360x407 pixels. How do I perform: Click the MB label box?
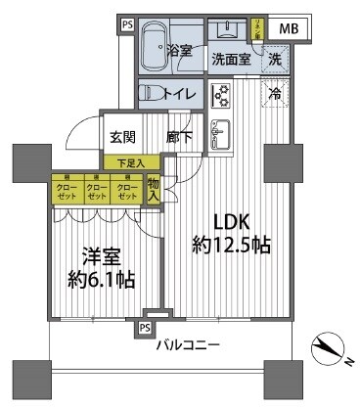click(289, 29)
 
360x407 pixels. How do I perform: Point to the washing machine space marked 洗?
click(277, 59)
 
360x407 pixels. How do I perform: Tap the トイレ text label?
click(184, 94)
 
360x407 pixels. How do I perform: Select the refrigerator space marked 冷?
click(277, 96)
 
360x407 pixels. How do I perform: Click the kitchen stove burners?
click(221, 96)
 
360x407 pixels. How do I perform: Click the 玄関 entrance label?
click(123, 138)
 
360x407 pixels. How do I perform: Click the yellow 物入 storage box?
click(154, 188)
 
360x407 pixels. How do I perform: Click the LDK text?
click(232, 222)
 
